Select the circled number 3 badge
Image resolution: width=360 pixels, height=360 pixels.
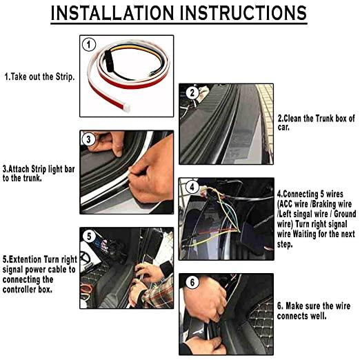click(x=88, y=139)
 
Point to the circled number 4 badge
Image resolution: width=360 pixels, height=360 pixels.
click(x=192, y=187)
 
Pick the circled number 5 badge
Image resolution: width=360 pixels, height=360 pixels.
click(x=88, y=236)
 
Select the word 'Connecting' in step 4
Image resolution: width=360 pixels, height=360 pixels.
click(x=303, y=195)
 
